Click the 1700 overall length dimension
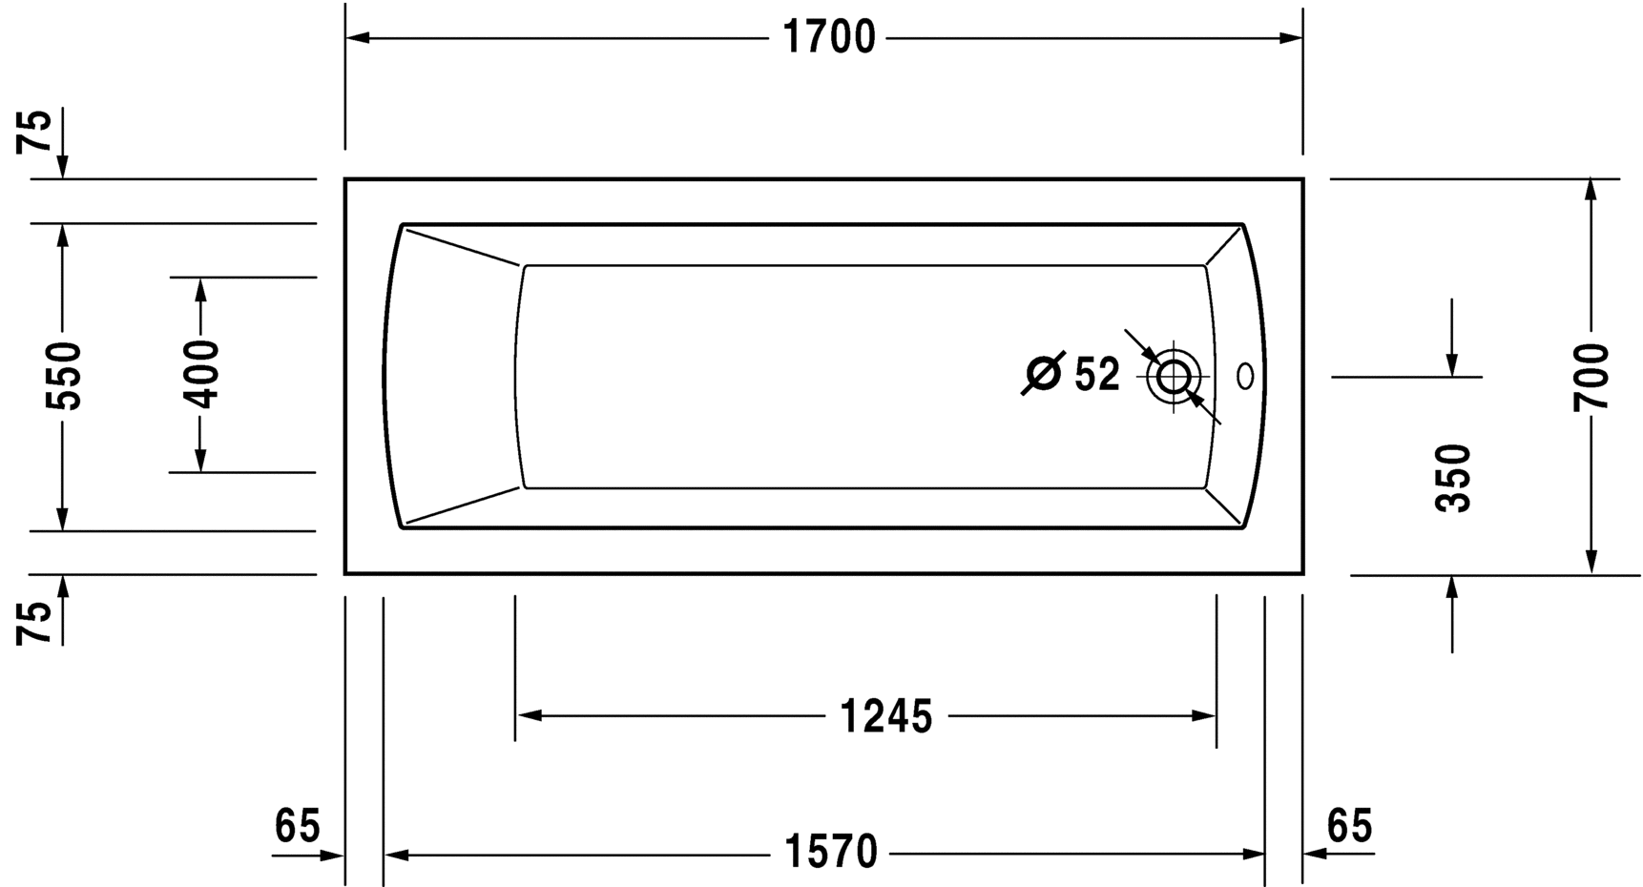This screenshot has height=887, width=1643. (828, 38)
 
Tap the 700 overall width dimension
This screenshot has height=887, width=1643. (1591, 377)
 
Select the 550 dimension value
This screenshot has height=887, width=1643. (65, 376)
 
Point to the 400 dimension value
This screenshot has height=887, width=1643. (201, 374)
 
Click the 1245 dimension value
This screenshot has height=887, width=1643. (885, 716)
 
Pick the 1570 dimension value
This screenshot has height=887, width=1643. (830, 853)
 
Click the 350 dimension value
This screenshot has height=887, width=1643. (1453, 478)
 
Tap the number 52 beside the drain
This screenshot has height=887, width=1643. (1096, 375)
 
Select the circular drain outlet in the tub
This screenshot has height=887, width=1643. (1174, 377)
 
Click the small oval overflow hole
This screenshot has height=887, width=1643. (1245, 377)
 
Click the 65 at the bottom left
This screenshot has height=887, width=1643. (297, 826)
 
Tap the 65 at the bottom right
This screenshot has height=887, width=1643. (1349, 826)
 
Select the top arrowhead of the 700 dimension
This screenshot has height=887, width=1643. (1591, 190)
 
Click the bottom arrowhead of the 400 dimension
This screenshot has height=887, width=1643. (200, 461)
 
